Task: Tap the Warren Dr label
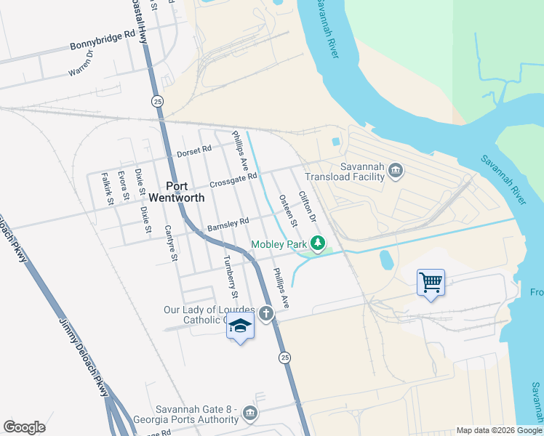pyautogui.click(x=81, y=63)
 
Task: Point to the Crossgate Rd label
pyautogui.click(x=233, y=179)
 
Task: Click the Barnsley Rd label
pyautogui.click(x=228, y=224)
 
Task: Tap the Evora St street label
pyautogui.click(x=124, y=186)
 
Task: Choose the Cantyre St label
pyautogui.click(x=172, y=243)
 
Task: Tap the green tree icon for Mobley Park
pyautogui.click(x=317, y=243)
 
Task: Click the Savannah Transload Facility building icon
pyautogui.click(x=395, y=171)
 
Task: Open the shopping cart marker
pyautogui.click(x=431, y=281)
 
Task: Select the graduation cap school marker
pyautogui.click(x=240, y=328)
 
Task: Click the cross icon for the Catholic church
pyautogui.click(x=267, y=314)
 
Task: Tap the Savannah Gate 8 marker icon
pyautogui.click(x=249, y=413)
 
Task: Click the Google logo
pyautogui.click(x=25, y=427)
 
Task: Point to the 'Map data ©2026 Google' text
pyautogui.click(x=499, y=430)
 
